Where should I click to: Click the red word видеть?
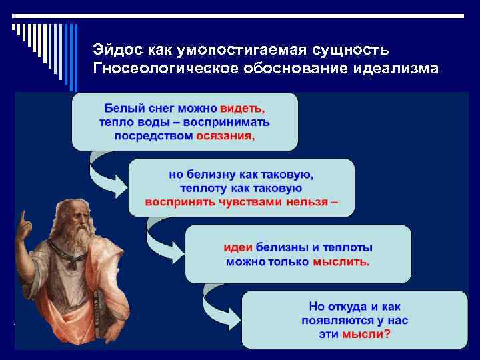coord(245,108)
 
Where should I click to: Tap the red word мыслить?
coord(341,261)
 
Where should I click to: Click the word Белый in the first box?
coord(119,108)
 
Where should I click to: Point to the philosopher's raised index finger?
coord(23,217)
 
